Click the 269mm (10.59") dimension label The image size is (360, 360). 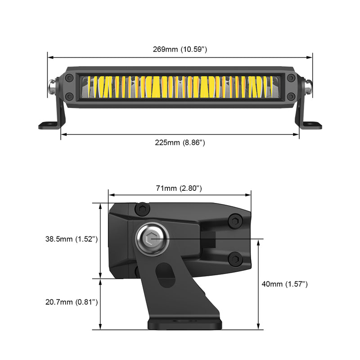click(180, 49)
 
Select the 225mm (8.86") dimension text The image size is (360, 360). click(180, 143)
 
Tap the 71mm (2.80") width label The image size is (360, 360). click(179, 188)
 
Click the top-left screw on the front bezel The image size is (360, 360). click(69, 78)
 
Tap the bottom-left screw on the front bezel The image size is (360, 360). click(69, 96)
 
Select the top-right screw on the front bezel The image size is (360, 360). click(291, 78)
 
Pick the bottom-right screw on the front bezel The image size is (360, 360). click(291, 96)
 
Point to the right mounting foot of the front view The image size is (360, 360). click(312, 125)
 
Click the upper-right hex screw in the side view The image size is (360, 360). click(234, 221)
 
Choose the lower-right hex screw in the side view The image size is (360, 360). click(234, 259)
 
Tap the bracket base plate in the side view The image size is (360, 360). click(184, 323)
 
